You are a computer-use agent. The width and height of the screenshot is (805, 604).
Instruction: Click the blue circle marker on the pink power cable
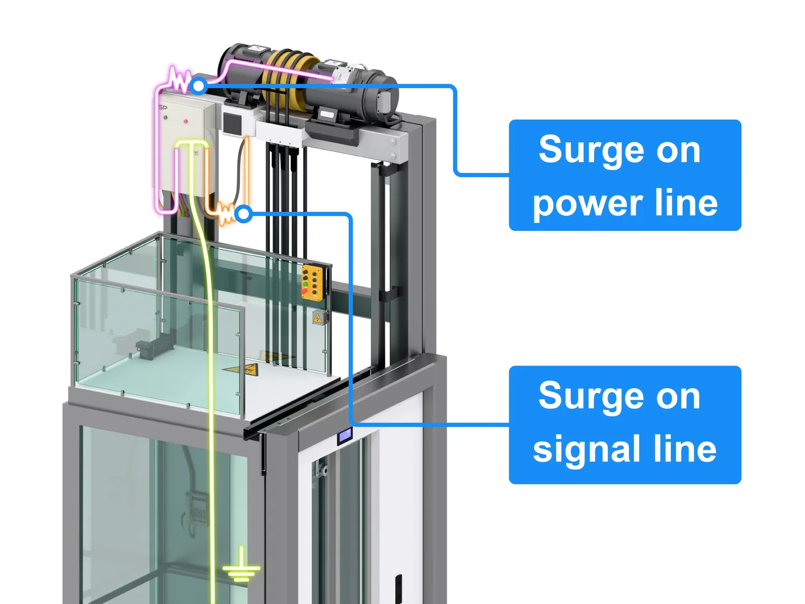point(199,85)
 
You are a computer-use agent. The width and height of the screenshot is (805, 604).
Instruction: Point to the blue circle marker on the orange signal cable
point(244,214)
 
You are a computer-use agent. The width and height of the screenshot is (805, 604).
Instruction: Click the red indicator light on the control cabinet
point(186,122)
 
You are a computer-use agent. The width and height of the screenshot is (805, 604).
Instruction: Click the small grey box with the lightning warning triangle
point(319,318)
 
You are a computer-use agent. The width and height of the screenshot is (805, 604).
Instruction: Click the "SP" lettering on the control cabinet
point(163,108)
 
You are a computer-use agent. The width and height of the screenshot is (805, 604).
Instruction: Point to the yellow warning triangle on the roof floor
point(244,369)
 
